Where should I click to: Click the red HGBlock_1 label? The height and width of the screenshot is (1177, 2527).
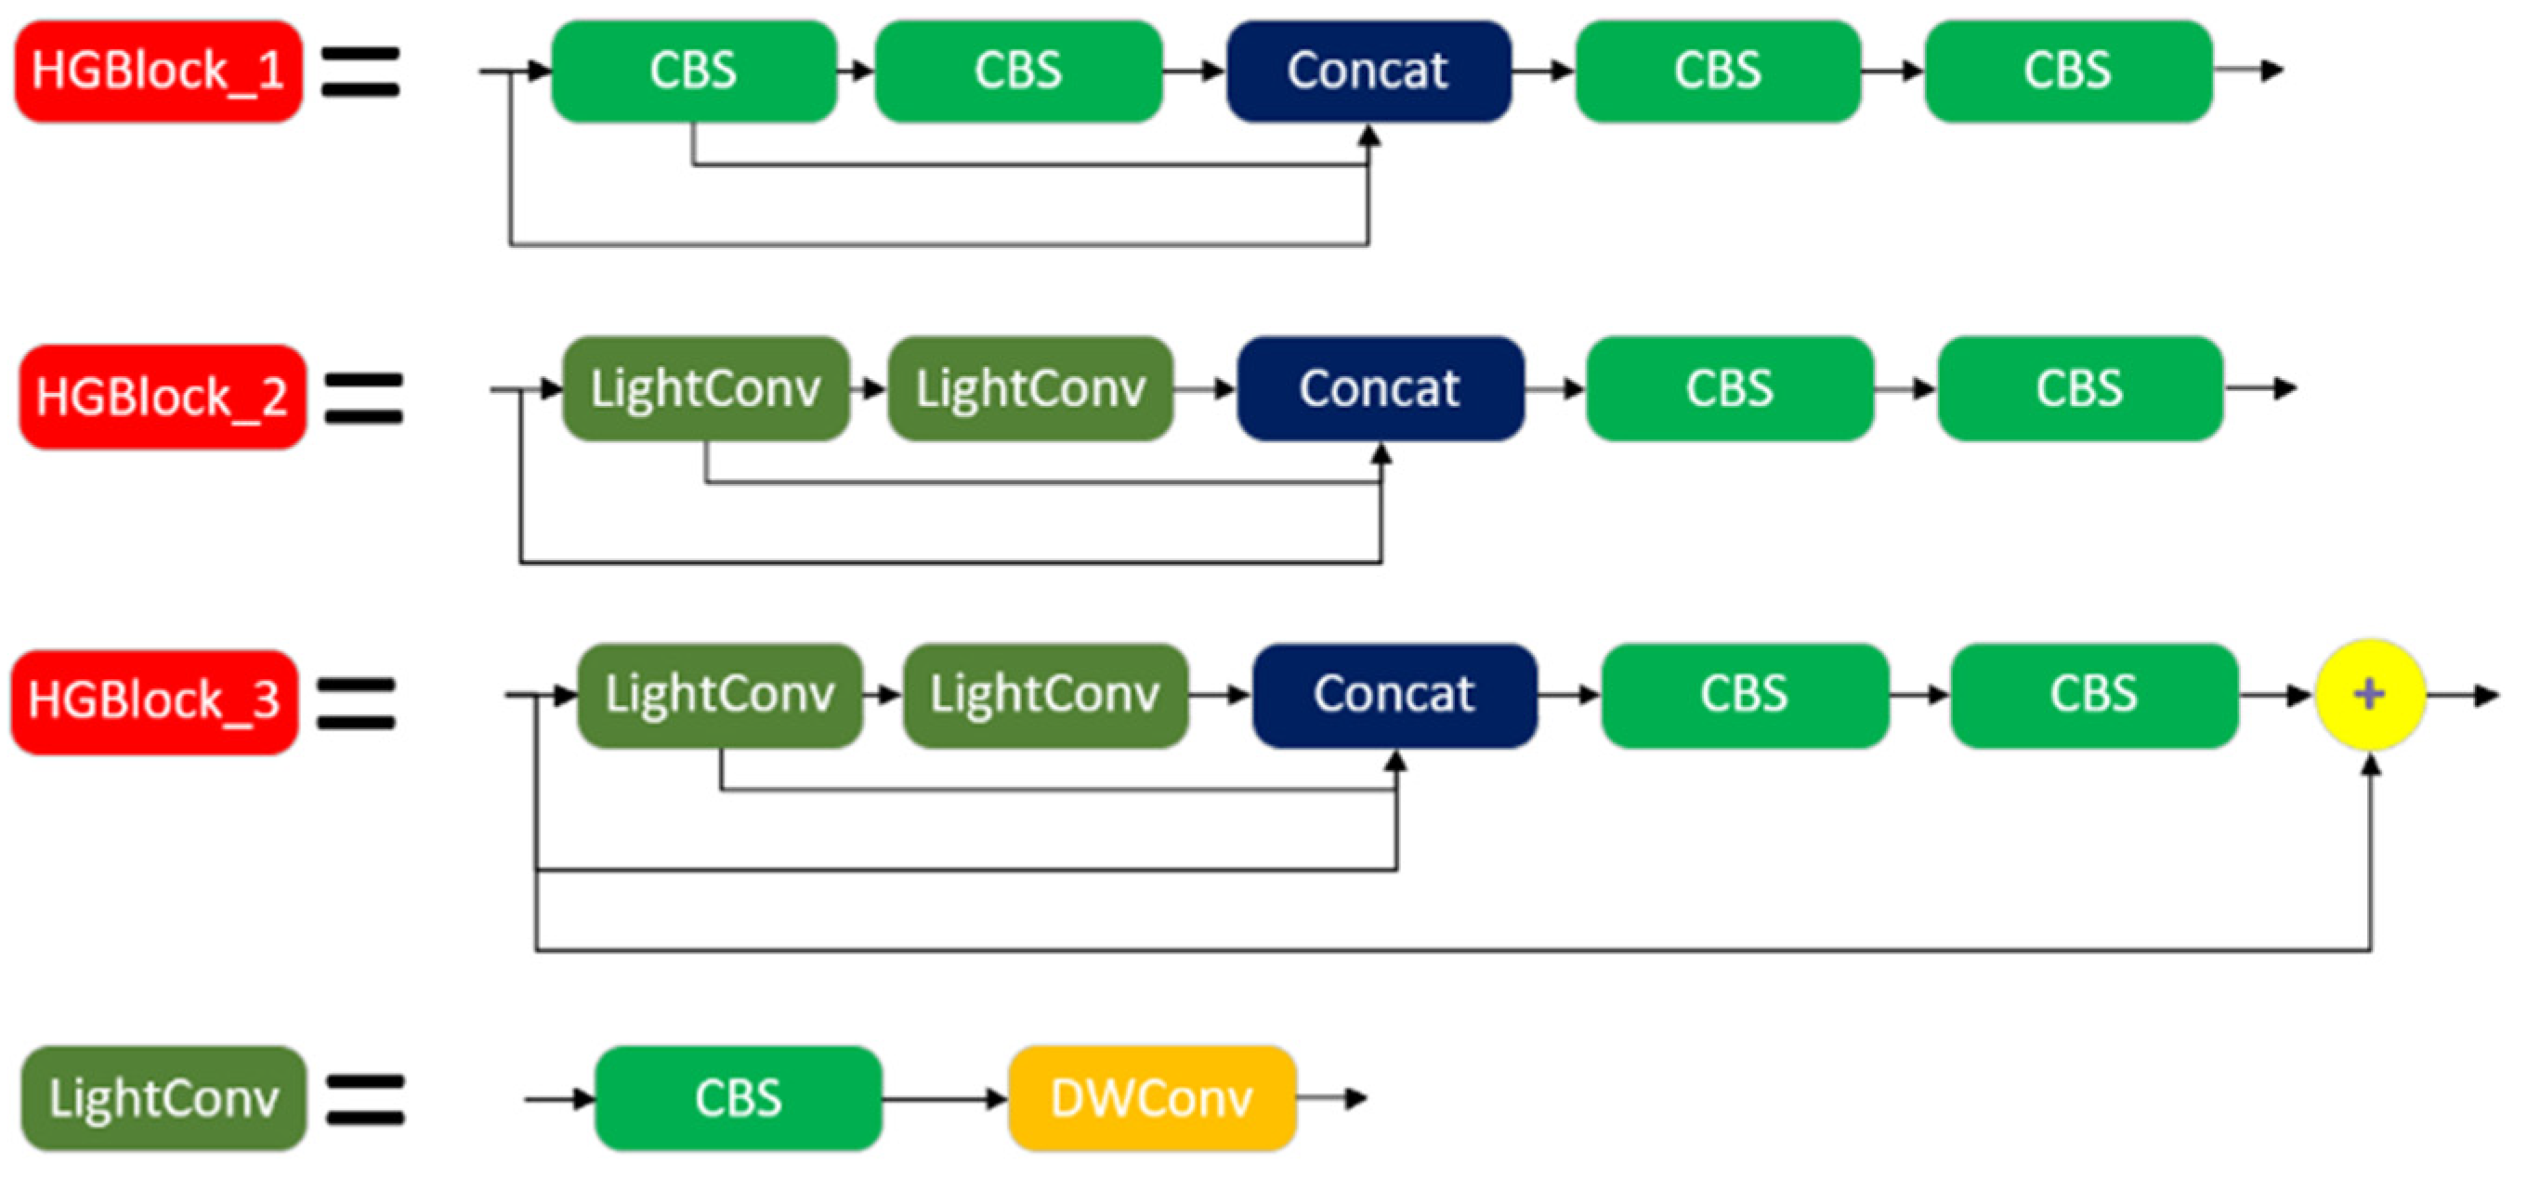coord(158,72)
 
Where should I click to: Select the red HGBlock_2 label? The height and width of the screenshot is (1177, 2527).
coord(162,398)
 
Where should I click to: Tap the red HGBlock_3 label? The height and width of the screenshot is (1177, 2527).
coord(154,700)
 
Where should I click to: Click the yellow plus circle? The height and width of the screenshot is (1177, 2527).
coord(2369,695)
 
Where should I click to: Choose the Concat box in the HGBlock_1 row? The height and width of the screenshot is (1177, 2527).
coord(1368,72)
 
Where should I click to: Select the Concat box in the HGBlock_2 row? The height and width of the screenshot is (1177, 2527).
coord(1380,388)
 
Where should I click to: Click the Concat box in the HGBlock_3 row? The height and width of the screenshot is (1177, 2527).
coord(1394,695)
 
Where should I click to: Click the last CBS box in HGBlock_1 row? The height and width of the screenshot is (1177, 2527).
coord(2067,72)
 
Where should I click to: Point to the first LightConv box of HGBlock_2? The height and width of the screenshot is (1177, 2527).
coord(705,388)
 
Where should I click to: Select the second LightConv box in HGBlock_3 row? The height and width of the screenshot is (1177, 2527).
coord(1045,695)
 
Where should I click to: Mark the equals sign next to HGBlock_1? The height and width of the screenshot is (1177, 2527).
coord(360,72)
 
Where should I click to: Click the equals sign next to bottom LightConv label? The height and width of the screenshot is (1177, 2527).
coord(364,1100)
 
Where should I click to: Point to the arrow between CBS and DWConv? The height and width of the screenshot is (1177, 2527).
coord(944,1099)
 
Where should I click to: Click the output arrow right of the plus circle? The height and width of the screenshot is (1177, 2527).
coord(2462,696)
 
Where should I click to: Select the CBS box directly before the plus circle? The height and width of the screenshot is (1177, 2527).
coord(2093,695)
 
